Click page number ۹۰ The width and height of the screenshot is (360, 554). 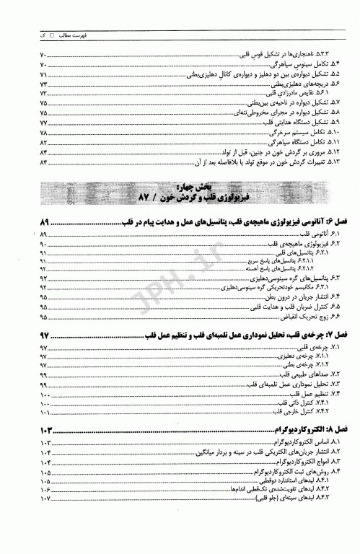pos(43,246)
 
